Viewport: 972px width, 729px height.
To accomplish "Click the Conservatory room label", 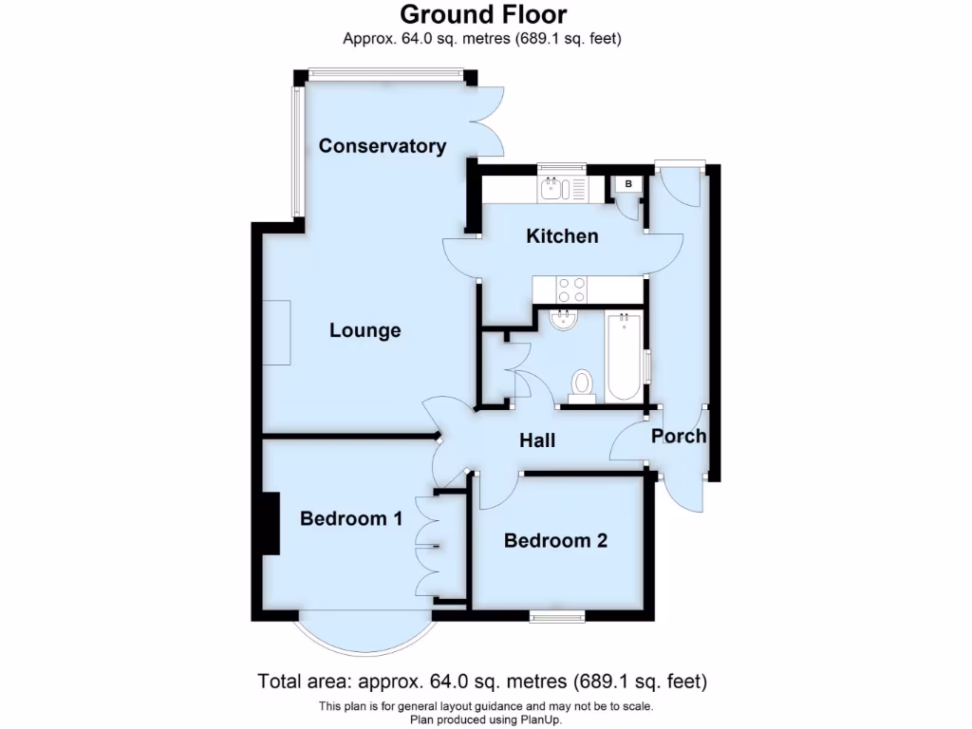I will coord(382,146).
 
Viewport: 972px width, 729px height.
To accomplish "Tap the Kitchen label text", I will coord(562,236).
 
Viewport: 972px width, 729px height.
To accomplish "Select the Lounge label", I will coord(364,331).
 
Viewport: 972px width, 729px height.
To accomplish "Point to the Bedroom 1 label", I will coord(351,519).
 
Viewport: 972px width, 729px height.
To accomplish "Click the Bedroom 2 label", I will coord(555,541).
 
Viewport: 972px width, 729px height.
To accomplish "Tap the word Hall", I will coord(536,441).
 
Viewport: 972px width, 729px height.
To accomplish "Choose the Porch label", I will coord(679,437).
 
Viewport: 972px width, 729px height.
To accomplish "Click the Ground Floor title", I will coord(483,14).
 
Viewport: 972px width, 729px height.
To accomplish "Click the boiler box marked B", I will coord(627,183).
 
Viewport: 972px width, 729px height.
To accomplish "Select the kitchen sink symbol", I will coord(552,190).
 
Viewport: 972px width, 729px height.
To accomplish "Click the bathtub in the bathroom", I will coord(625,356).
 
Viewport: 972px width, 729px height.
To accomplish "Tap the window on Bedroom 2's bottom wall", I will coord(557,616).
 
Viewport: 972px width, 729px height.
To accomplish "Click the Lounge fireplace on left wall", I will coord(277,332).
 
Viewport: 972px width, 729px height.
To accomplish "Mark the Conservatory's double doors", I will coord(487,121).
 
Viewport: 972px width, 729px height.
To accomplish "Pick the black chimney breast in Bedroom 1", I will coord(271,523).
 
